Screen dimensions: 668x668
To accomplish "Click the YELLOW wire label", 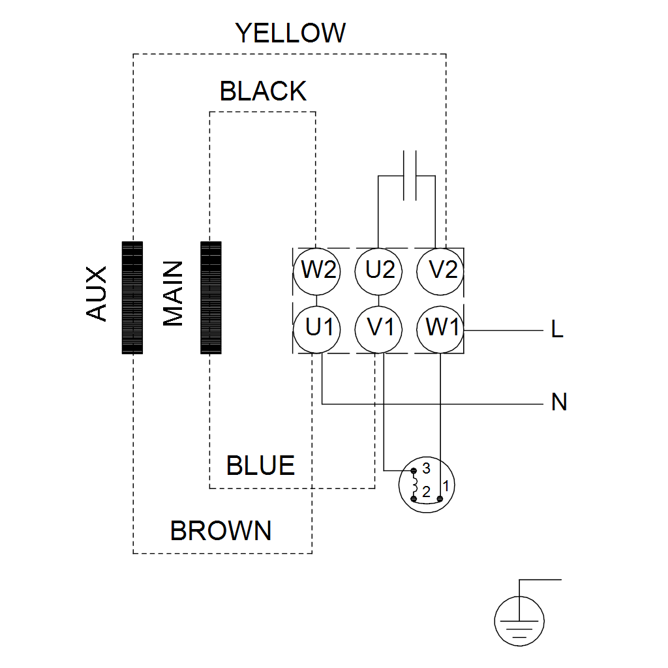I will (x=290, y=33).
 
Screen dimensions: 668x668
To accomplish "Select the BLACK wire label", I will (x=263, y=92).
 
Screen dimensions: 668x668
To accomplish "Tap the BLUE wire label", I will (x=260, y=466).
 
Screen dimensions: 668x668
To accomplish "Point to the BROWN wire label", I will (x=220, y=531).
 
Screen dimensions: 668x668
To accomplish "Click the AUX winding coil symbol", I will (x=132, y=297).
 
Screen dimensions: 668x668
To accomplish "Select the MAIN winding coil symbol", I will (x=211, y=297).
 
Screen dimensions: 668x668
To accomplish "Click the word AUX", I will (x=97, y=294).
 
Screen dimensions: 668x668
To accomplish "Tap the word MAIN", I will (x=173, y=294).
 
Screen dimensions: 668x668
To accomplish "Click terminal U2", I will (x=379, y=270).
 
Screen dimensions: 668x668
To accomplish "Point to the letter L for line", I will (x=556, y=330).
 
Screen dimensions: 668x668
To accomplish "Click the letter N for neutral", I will (x=558, y=402).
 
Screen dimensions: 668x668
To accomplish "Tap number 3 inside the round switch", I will (x=426, y=468).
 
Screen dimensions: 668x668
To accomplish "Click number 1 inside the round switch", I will (x=446, y=486).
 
